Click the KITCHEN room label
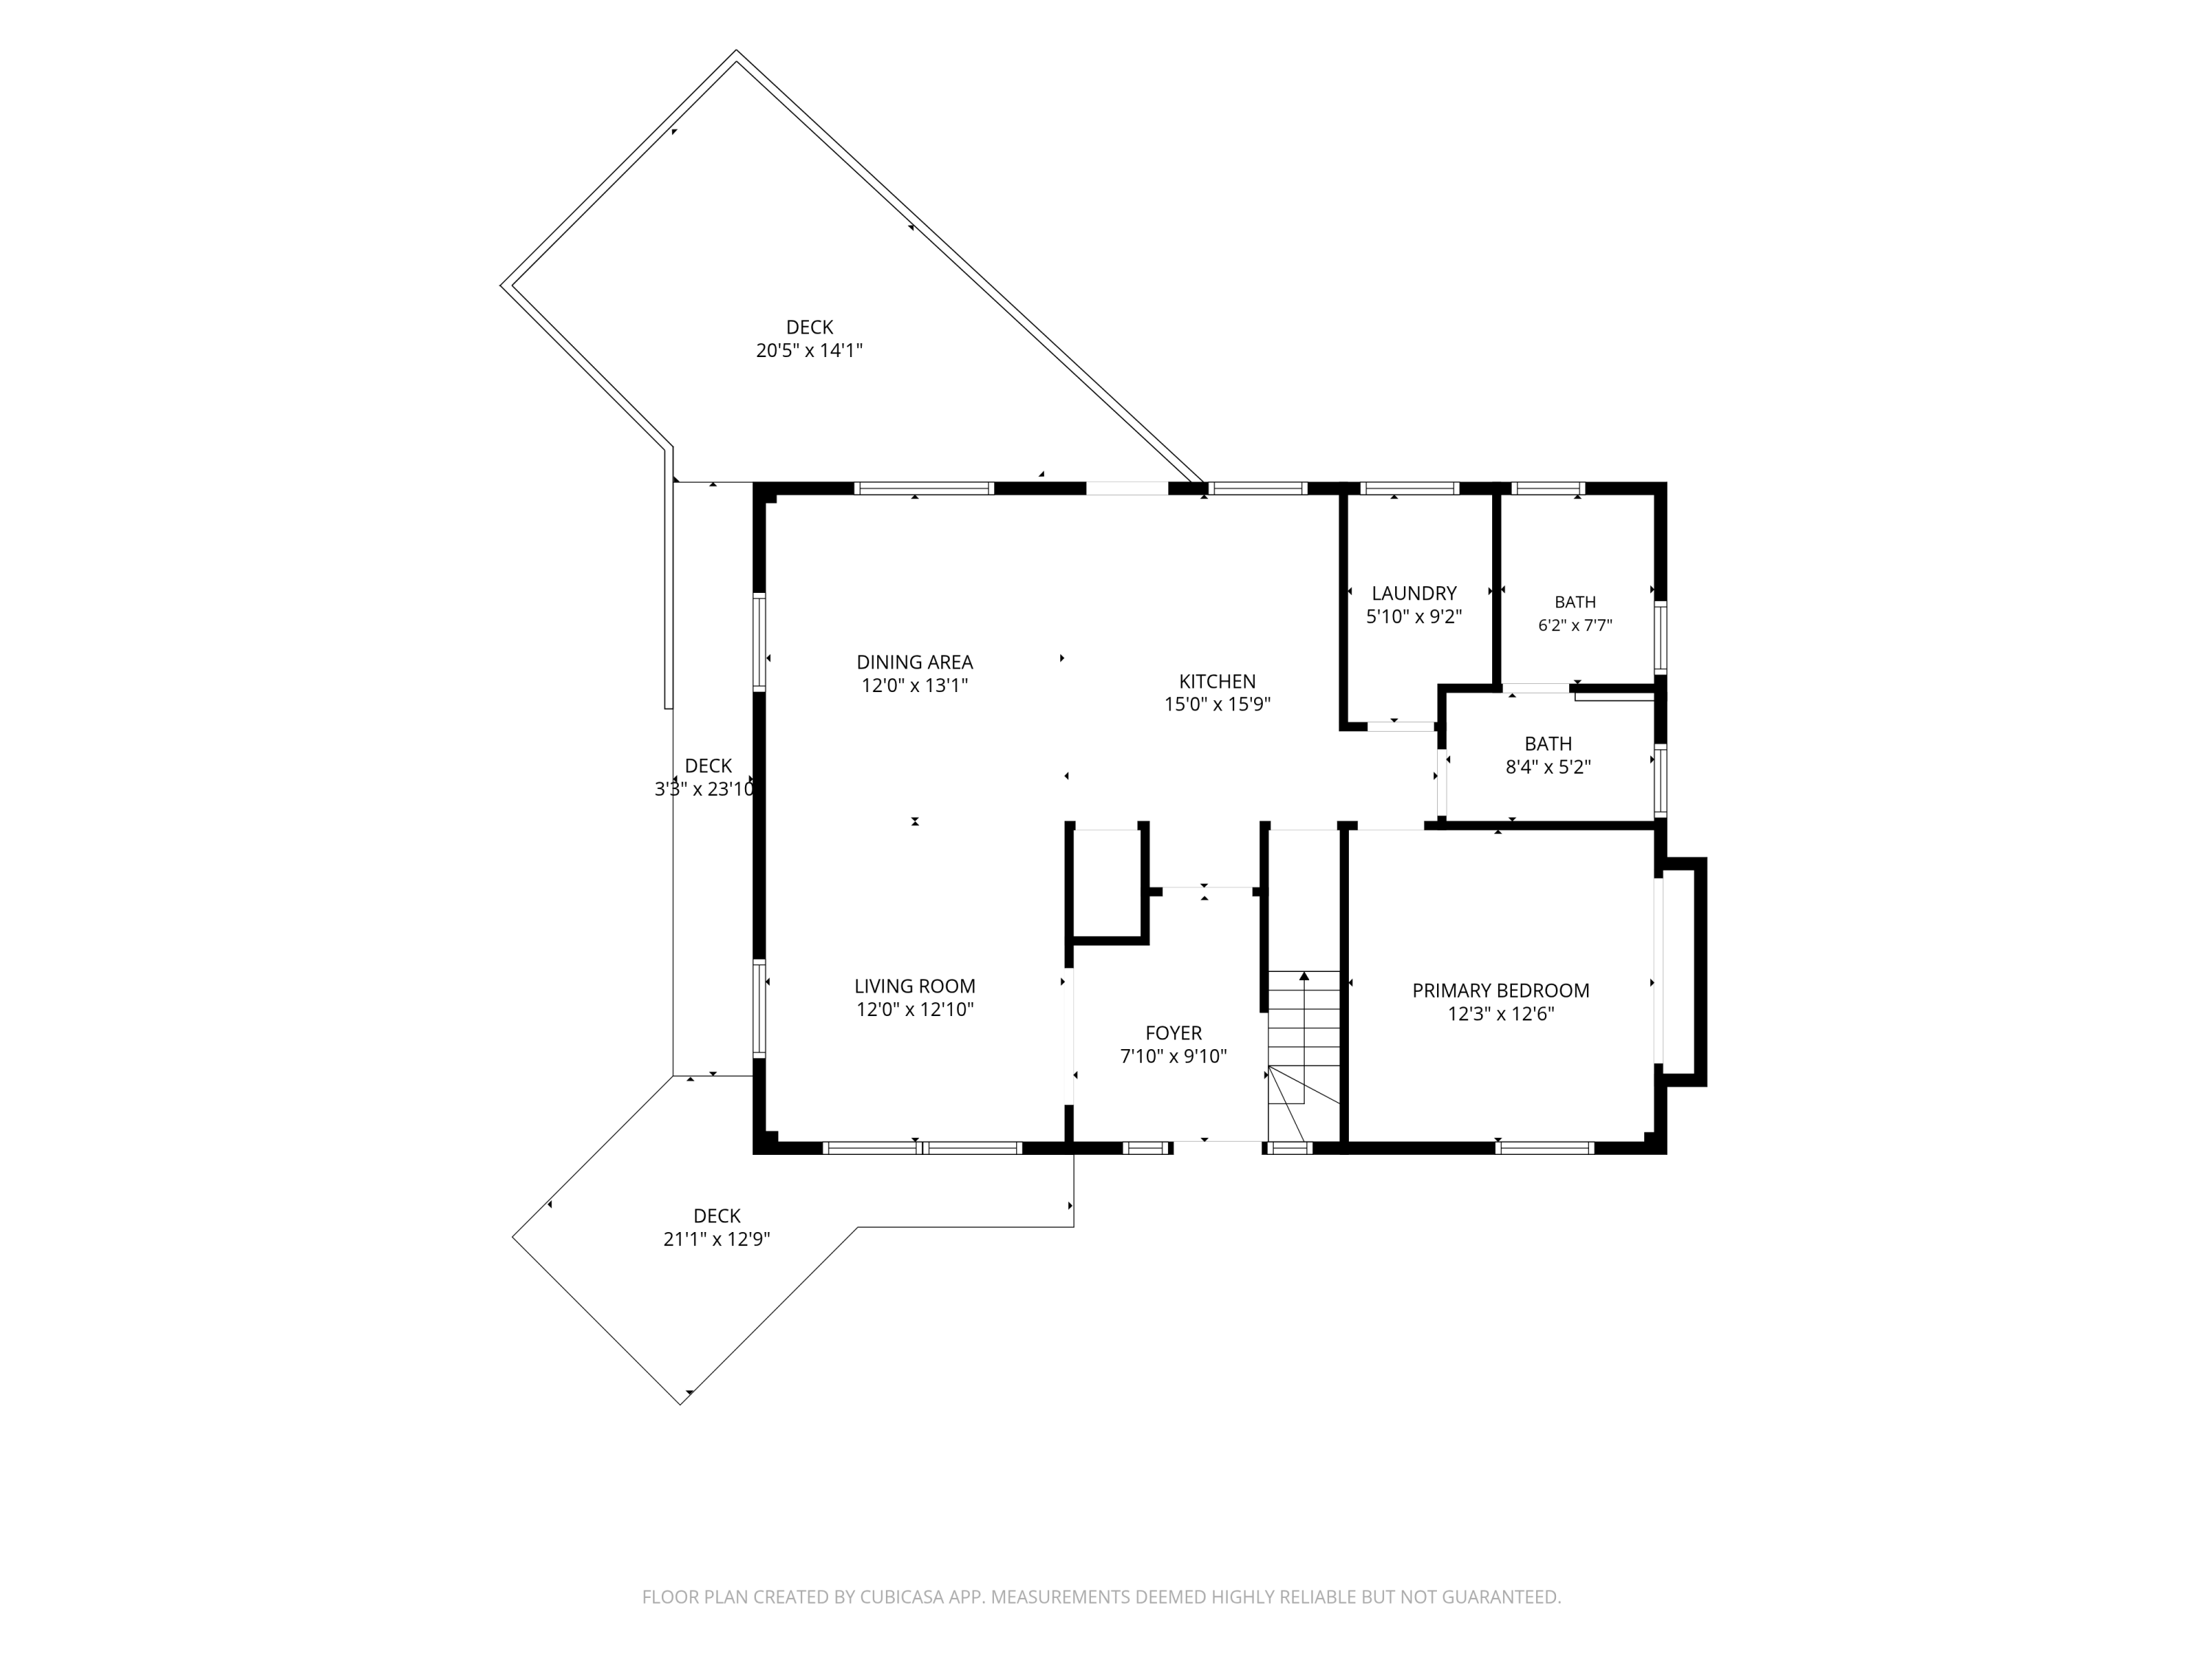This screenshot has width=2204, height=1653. point(1217,682)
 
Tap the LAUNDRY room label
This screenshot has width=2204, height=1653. point(1414,593)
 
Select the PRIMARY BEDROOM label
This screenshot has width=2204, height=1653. point(1500,990)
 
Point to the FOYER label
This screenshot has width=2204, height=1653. point(1174,1033)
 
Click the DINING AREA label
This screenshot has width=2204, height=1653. point(915,662)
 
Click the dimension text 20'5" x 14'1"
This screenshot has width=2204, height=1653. point(809,350)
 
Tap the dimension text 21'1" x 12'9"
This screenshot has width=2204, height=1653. point(717,1239)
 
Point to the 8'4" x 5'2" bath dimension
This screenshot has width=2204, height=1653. point(1549,767)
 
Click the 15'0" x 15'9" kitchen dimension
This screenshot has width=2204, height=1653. point(1217,705)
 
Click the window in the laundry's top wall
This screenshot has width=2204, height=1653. point(1409,489)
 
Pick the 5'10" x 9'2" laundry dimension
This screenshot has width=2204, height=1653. point(1414,617)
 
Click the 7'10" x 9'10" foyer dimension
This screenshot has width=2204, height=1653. point(1174,1056)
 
